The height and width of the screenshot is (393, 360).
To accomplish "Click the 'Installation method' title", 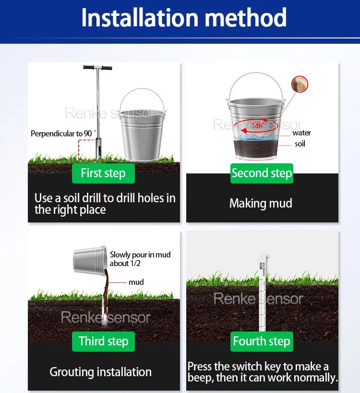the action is pyautogui.click(x=184, y=18).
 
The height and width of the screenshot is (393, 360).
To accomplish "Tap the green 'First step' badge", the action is pyautogui.click(x=103, y=173).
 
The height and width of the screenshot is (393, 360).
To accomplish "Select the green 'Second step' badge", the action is pyautogui.click(x=262, y=173).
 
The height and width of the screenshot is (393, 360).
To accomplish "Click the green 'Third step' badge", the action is pyautogui.click(x=103, y=342).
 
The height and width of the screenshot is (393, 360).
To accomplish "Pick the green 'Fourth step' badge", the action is pyautogui.click(x=262, y=342).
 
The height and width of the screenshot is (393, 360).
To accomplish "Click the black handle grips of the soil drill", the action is pyautogui.click(x=97, y=68).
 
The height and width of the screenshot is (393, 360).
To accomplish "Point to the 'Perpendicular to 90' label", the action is pyautogui.click(x=63, y=134).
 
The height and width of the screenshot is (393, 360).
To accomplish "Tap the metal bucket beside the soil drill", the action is pyautogui.click(x=143, y=125).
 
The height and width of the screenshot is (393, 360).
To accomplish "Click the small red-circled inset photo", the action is pyautogui.click(x=300, y=84).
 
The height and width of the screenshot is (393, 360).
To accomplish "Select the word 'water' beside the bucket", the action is pyautogui.click(x=301, y=133).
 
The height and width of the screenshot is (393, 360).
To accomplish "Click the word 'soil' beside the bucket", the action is pyautogui.click(x=300, y=144).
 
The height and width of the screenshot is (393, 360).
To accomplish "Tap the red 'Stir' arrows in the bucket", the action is pyautogui.click(x=256, y=125).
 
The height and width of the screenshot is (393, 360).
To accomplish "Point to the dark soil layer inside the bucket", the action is pyautogui.click(x=256, y=148).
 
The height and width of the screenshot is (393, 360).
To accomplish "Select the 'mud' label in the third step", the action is pyautogui.click(x=136, y=282).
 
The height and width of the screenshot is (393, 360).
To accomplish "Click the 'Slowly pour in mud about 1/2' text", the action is pyautogui.click(x=140, y=259).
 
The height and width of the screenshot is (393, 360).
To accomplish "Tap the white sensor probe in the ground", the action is pyautogui.click(x=262, y=293).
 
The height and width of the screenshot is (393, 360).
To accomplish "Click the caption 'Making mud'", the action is pyautogui.click(x=261, y=203).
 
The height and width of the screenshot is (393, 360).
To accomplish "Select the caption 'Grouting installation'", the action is pyautogui.click(x=101, y=372).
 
